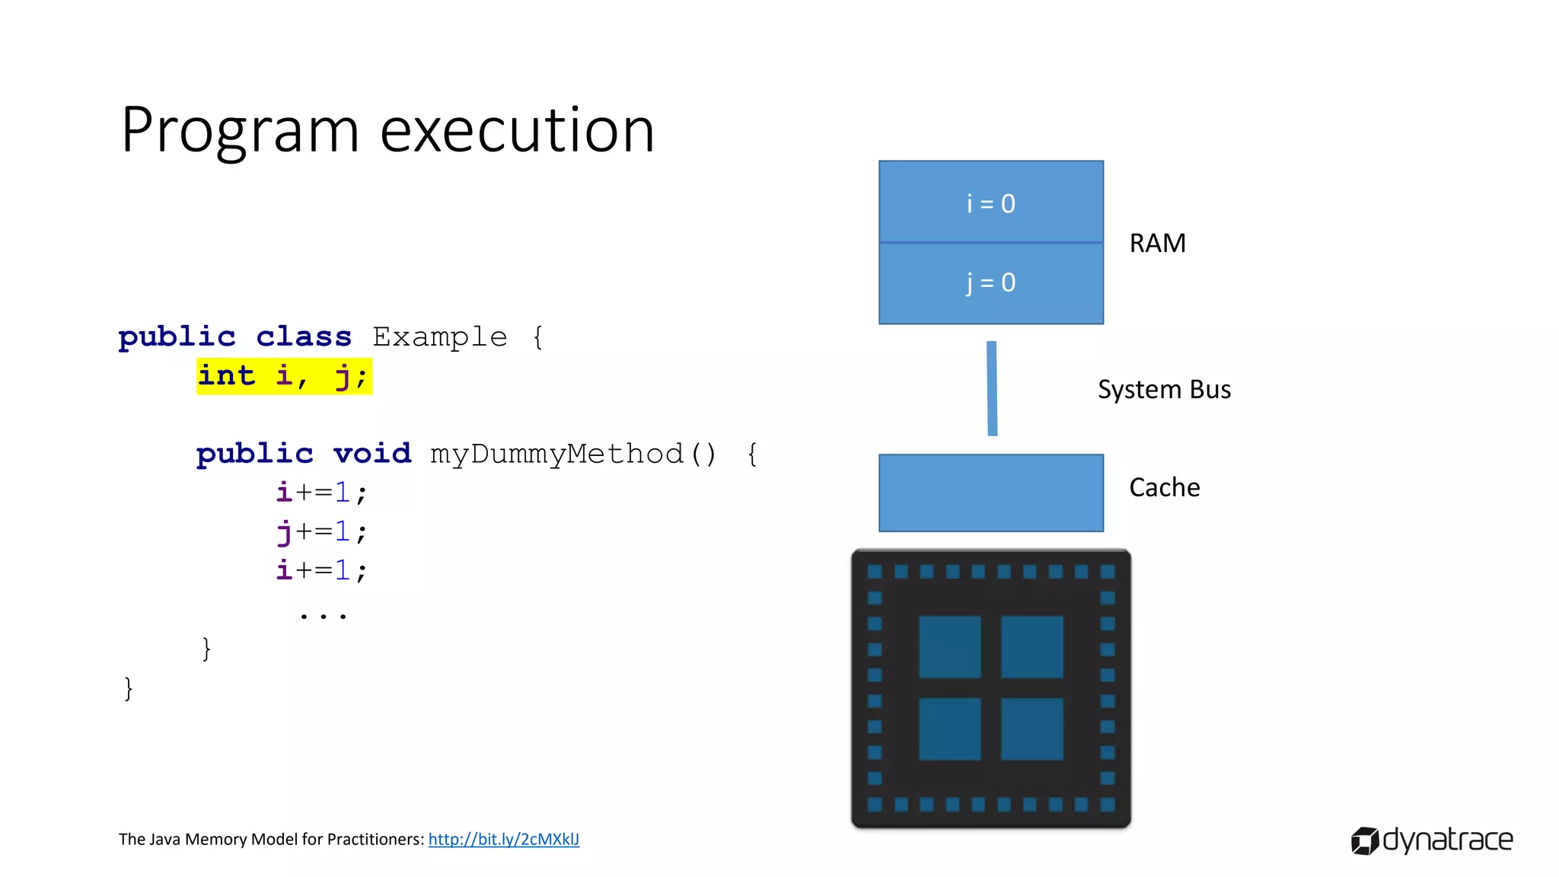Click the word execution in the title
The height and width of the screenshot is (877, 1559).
click(517, 131)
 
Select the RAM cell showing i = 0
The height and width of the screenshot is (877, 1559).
click(990, 203)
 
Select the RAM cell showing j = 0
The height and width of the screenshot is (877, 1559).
click(990, 283)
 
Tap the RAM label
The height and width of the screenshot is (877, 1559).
click(1157, 244)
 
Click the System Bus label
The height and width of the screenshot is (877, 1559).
click(1163, 390)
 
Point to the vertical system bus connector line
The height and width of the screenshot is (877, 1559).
click(992, 388)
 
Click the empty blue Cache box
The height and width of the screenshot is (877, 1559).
click(990, 493)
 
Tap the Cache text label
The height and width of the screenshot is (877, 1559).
click(1164, 487)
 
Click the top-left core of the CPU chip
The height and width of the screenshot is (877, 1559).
click(949, 646)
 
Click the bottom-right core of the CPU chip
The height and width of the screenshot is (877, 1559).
click(1031, 729)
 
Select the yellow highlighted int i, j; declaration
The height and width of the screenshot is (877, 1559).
click(284, 376)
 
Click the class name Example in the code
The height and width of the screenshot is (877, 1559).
click(439, 336)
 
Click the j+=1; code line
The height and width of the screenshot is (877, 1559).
click(321, 531)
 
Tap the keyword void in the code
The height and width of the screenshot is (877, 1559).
click(371, 454)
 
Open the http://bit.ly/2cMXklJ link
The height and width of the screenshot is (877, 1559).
click(503, 839)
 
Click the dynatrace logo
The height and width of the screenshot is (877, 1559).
click(1431, 840)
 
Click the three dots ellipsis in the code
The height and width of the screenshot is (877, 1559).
click(323, 614)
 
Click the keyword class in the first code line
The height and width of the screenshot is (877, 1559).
click(303, 336)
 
